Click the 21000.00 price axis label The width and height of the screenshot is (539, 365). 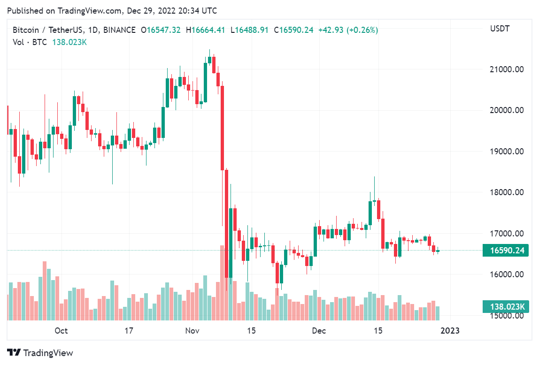507,69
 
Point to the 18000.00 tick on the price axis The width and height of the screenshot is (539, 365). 507,192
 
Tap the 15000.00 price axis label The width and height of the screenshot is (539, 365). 507,315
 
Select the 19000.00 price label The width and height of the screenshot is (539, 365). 507,152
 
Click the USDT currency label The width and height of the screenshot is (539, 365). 500,29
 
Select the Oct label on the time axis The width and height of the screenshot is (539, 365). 61,331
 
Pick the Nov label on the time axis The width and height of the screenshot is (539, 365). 192,331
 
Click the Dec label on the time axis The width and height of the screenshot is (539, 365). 319,331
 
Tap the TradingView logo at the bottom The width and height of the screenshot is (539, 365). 40,353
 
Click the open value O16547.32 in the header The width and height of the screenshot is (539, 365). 161,30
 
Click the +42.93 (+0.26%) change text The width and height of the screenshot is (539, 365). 348,30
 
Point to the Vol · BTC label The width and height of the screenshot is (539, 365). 30,42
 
